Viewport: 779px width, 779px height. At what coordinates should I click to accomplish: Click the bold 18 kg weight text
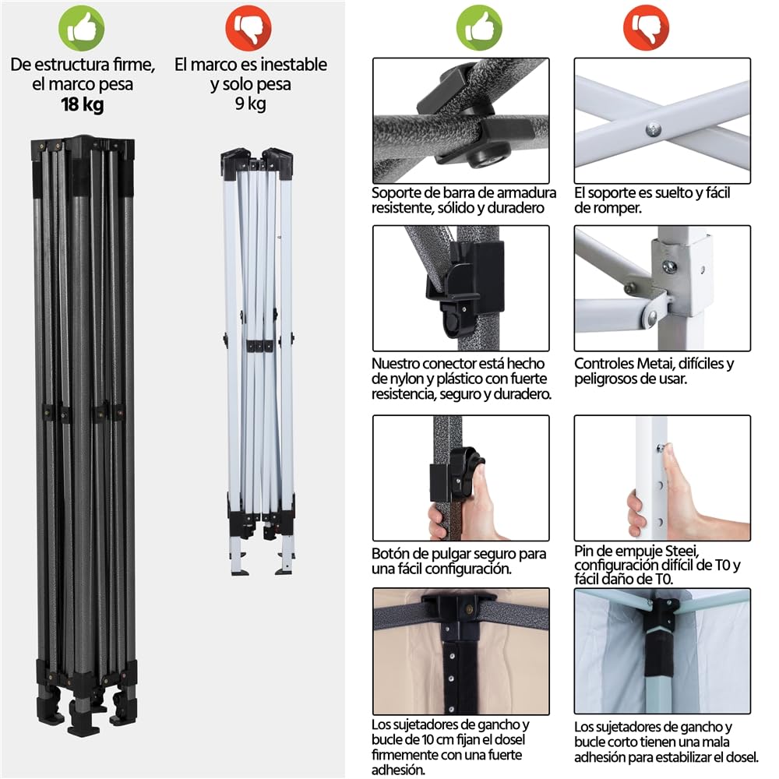pos(83,105)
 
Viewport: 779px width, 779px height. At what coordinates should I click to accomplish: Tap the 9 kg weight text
pos(250,104)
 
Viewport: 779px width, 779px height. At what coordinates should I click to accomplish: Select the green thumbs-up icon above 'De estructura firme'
pos(82,28)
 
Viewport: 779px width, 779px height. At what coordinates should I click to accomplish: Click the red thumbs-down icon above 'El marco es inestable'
pos(249,28)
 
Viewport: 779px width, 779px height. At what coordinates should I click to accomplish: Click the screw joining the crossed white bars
pos(654,130)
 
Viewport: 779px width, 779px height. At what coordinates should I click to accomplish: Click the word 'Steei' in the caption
pos(682,551)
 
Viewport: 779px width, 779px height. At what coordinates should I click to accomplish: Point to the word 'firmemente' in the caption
pos(407,755)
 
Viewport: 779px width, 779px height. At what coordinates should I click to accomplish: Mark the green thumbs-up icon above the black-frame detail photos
pos(479,28)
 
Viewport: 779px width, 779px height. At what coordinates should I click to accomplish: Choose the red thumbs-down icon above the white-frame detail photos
pos(646,28)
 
